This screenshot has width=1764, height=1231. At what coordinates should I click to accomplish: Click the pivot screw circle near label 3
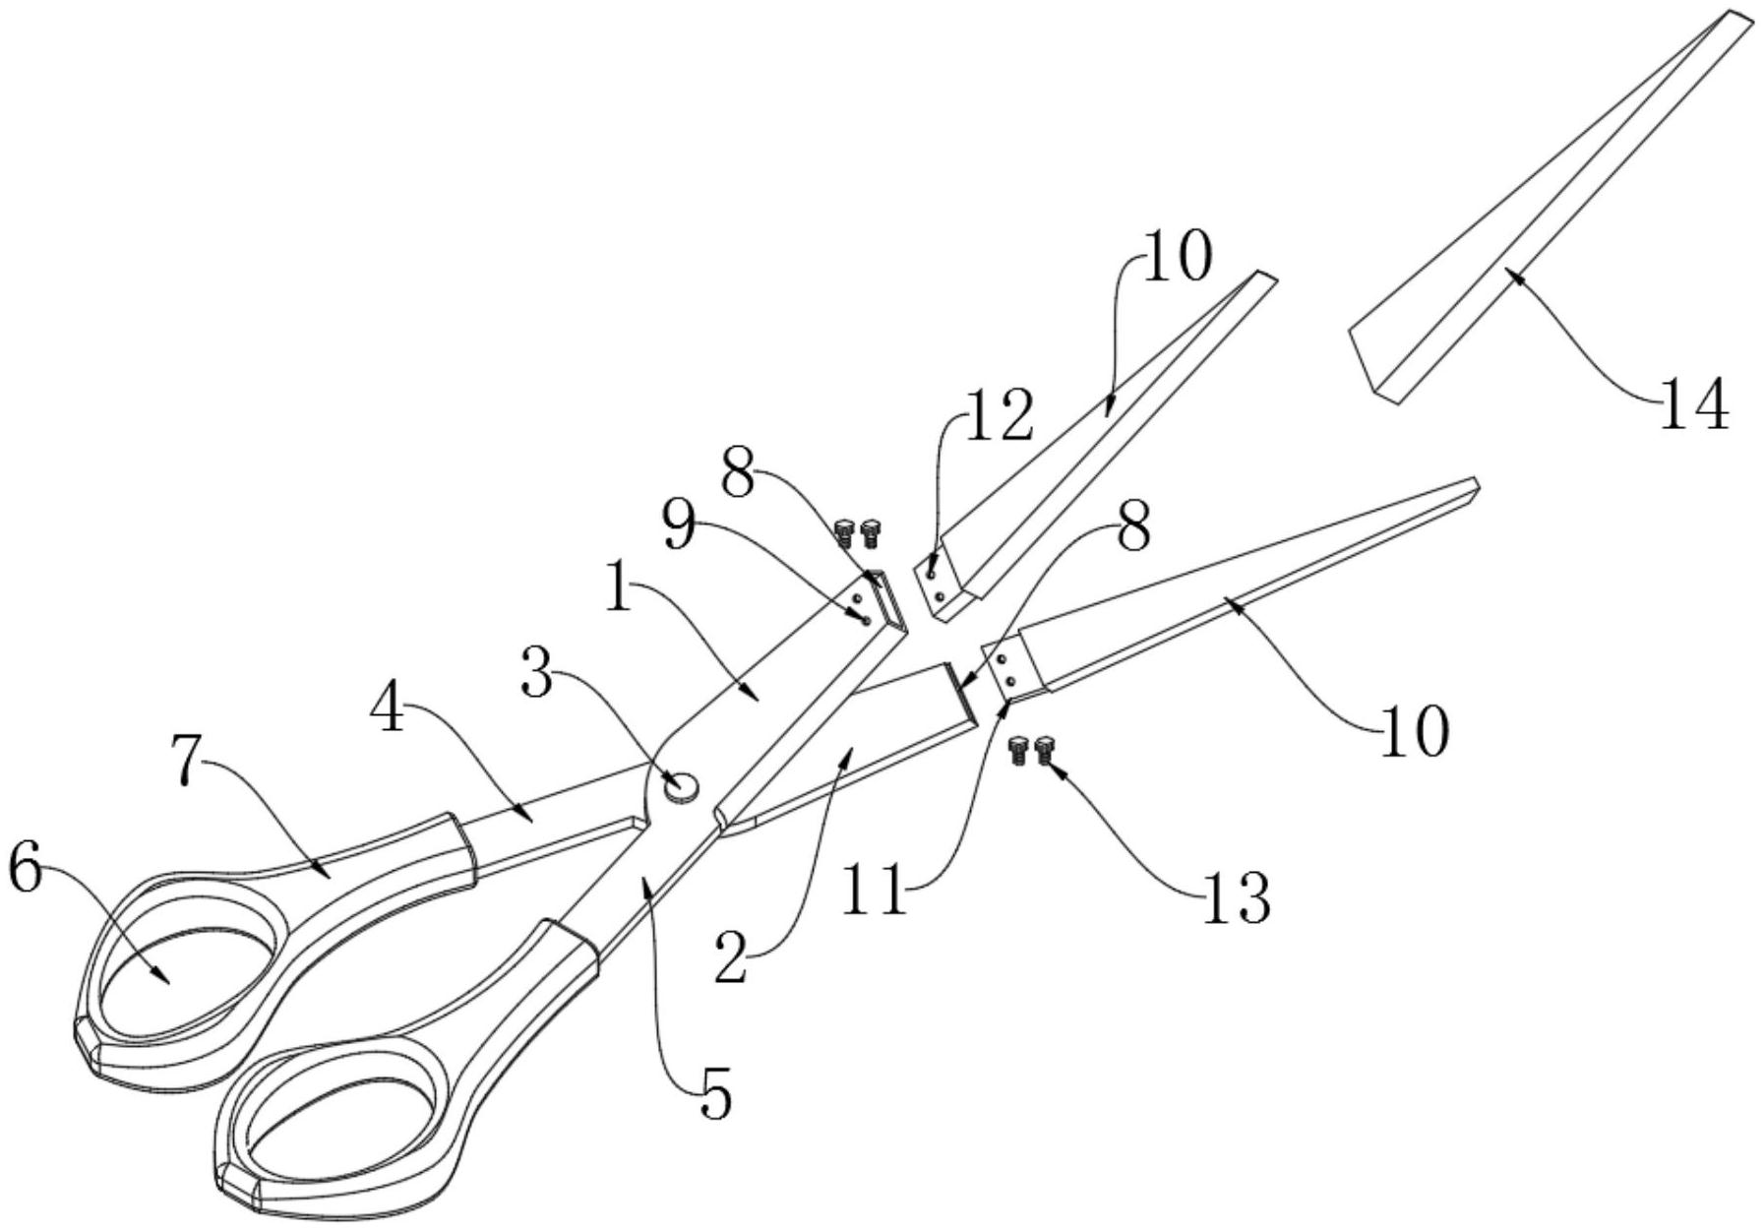pyautogui.click(x=681, y=785)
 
